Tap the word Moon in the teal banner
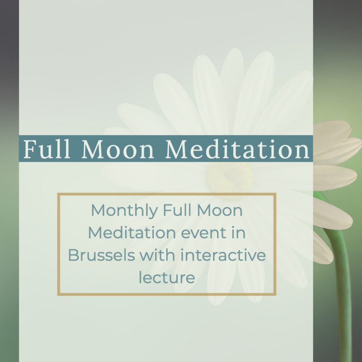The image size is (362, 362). pos(118,150)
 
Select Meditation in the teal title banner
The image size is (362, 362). pos(237,149)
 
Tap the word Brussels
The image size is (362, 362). pos(101,255)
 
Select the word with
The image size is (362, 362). pos(158,255)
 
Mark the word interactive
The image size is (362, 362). pos(223,255)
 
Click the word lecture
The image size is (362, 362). pos(167,277)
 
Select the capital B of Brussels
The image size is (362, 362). pos(74,255)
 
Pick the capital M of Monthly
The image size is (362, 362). pos(99,210)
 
